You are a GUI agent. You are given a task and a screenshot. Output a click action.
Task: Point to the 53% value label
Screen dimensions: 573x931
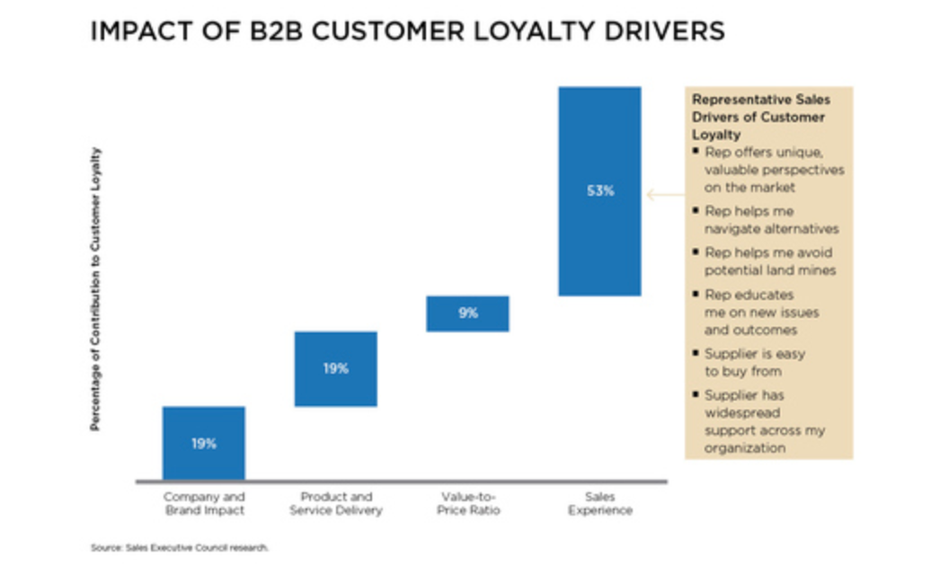[599, 191]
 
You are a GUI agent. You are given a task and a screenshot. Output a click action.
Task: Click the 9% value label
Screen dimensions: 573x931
[468, 314]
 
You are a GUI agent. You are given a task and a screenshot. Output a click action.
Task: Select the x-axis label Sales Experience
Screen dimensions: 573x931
[600, 503]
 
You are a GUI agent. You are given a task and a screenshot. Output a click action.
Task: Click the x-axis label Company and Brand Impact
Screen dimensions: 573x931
[203, 503]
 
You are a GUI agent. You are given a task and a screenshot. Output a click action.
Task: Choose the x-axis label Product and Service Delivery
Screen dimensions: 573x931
[336, 503]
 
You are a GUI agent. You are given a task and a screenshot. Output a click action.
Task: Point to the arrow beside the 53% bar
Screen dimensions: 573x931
[664, 192]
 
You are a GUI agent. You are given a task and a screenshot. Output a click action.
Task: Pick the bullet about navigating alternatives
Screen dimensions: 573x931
[771, 219]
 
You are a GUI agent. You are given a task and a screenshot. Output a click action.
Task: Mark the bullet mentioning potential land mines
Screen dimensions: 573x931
[770, 261]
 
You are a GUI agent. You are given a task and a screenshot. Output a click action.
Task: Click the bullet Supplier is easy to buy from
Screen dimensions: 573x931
[755, 362]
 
